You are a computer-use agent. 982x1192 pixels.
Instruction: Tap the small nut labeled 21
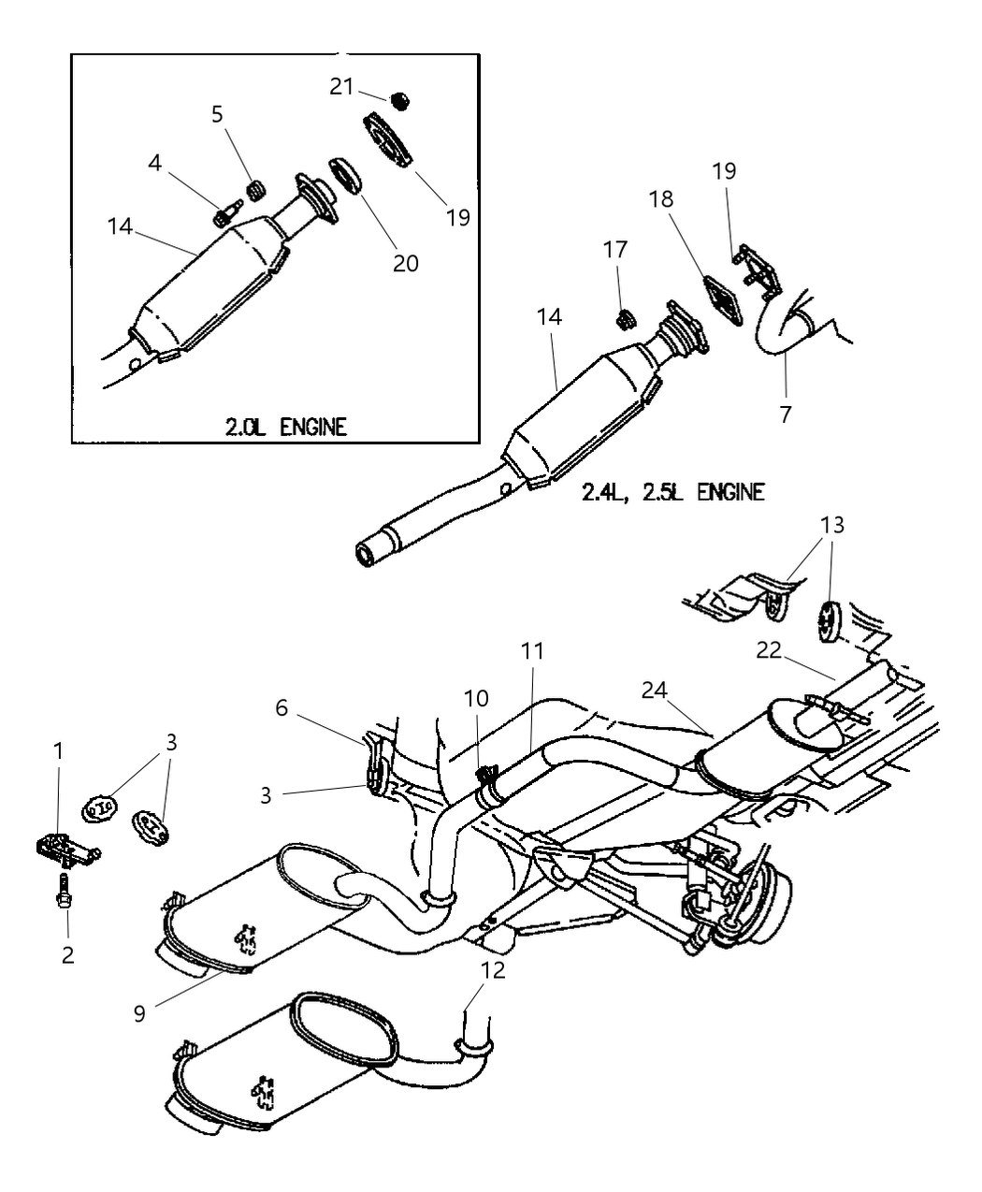[402, 99]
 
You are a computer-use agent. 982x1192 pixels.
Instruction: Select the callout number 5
[217, 114]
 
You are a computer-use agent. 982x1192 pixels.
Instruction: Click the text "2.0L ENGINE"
[285, 428]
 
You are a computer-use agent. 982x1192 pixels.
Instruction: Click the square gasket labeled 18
[721, 301]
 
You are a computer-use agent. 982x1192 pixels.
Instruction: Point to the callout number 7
[786, 413]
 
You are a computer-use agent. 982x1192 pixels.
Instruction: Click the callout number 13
[831, 526]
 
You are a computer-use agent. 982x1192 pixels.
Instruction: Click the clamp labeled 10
[486, 775]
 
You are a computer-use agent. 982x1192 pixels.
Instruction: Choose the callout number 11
[533, 650]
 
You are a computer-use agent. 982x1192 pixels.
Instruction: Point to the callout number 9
[139, 1013]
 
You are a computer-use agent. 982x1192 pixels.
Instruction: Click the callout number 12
[493, 970]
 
